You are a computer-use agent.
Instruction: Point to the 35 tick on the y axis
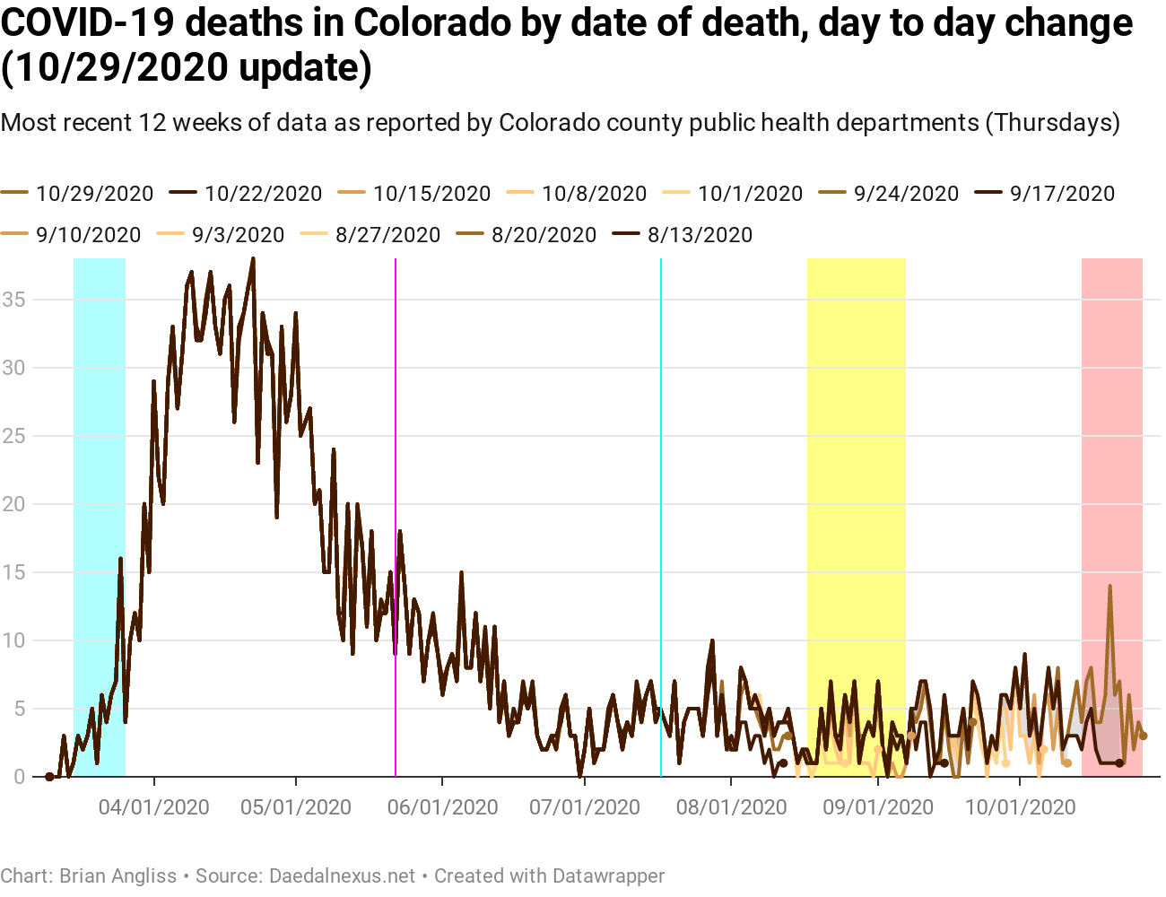tap(13, 300)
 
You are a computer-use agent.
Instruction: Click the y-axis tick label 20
tap(13, 504)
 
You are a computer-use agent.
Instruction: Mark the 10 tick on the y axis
tap(13, 640)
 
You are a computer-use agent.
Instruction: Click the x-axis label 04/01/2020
tap(153, 807)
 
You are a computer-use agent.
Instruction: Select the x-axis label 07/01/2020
tap(585, 807)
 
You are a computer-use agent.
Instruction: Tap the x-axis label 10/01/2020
tap(1020, 807)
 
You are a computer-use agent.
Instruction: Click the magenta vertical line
tap(396, 448)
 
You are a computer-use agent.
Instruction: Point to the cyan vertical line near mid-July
tap(661, 448)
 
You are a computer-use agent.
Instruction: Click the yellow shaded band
tap(856, 448)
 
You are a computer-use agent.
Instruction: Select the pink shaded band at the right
tap(1112, 448)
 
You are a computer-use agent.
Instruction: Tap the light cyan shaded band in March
tap(100, 448)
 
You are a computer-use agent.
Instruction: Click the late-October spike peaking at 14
tap(1109, 588)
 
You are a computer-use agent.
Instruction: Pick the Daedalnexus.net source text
tap(342, 876)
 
